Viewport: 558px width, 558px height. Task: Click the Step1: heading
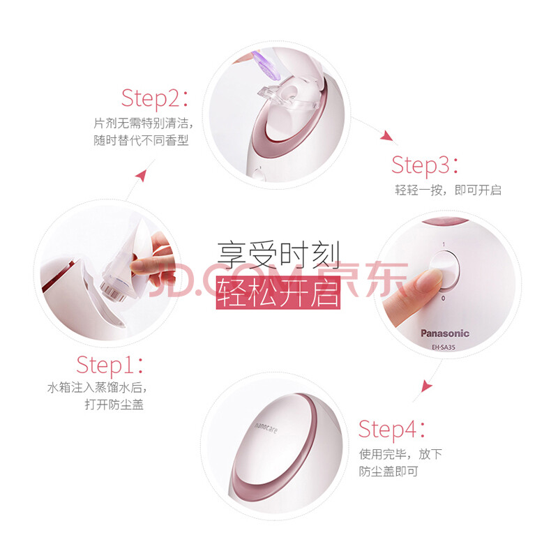[x=110, y=365]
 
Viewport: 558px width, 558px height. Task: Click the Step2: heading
[x=155, y=98]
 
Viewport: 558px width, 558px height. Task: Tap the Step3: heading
[x=425, y=165]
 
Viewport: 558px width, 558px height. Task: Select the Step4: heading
[x=391, y=429]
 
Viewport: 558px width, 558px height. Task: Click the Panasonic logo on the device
[x=445, y=333]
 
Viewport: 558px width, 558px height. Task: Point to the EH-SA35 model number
[x=444, y=347]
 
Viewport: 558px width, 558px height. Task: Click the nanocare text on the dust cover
[x=266, y=428]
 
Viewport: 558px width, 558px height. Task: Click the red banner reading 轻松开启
[x=278, y=292]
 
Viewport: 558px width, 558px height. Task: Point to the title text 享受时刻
[x=278, y=255]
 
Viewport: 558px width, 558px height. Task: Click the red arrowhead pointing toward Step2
[x=142, y=176]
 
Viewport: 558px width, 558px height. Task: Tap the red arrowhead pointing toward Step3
[x=387, y=136]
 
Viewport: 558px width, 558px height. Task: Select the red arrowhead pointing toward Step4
[x=426, y=386]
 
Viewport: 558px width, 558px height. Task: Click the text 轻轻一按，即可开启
[x=448, y=190]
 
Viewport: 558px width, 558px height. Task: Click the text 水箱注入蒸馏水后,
[x=97, y=388]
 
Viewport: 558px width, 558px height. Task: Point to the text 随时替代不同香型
[x=141, y=140]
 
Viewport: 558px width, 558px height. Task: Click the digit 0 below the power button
[x=443, y=299]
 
